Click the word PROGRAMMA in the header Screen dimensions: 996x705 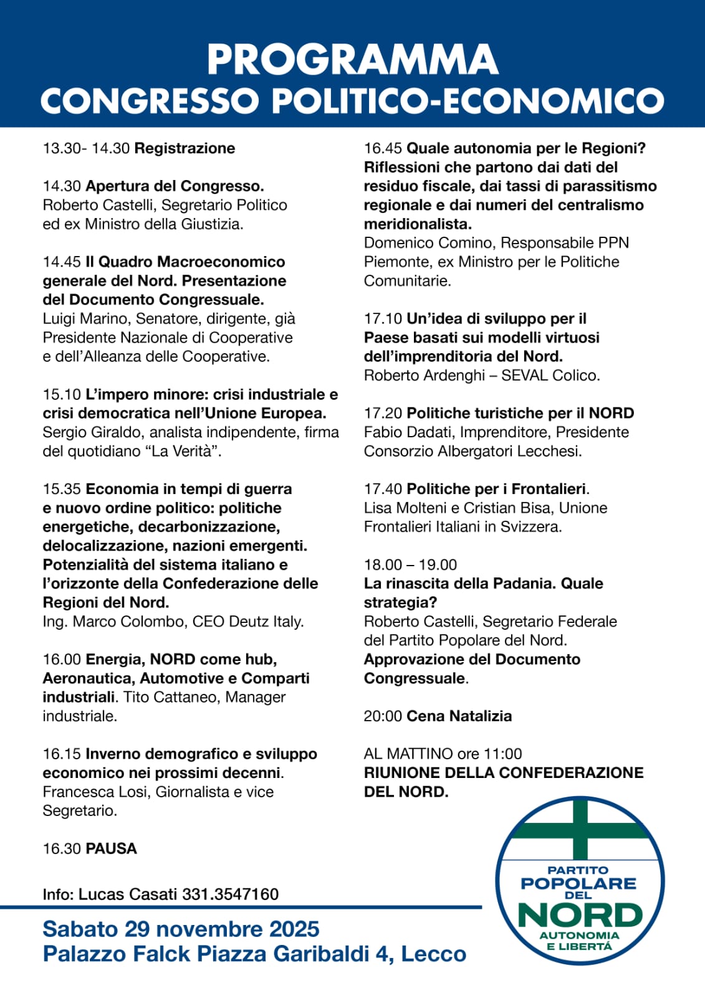352,60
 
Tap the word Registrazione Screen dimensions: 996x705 185,148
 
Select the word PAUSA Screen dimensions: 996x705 111,848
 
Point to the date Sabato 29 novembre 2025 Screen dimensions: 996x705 181,929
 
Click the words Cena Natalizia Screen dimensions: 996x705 459,716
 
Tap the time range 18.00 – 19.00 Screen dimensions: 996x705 410,565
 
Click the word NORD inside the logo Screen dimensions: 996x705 580,915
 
